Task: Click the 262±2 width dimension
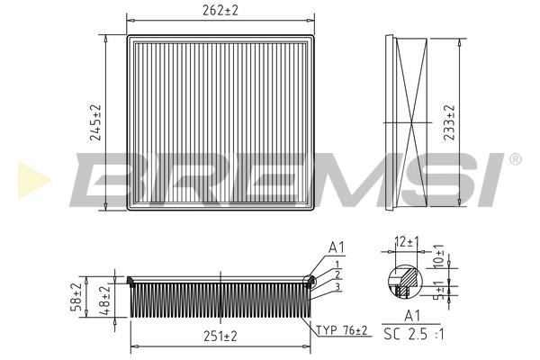220,11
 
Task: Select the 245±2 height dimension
95,122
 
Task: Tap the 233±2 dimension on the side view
449,122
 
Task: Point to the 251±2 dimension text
220,336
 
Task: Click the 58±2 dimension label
76,297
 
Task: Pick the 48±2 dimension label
105,301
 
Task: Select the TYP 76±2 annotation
342,330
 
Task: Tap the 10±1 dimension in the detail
439,256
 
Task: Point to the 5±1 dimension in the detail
439,291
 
